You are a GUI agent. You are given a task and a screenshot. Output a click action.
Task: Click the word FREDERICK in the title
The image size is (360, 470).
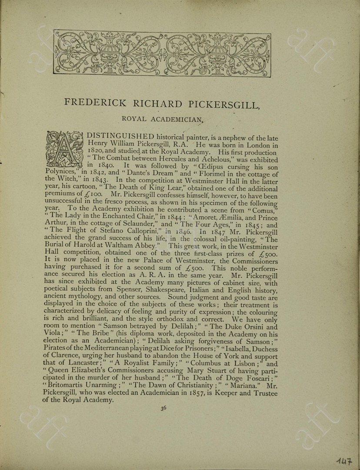tap(95, 104)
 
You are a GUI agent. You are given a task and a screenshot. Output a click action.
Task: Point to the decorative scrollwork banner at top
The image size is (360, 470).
tap(162, 53)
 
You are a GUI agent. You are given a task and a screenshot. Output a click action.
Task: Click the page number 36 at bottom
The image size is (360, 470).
tap(163, 408)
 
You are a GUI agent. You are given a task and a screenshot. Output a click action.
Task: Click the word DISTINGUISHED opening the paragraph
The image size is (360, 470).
tap(120, 137)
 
